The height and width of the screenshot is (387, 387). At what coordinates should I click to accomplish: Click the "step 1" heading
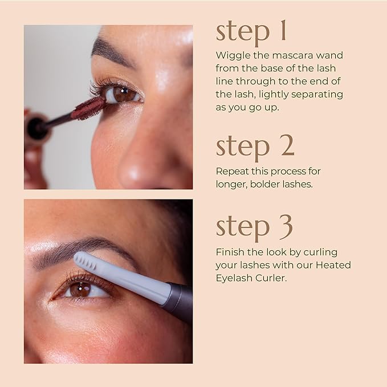[x=251, y=32]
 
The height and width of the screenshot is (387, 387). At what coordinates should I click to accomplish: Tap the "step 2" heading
[x=255, y=146]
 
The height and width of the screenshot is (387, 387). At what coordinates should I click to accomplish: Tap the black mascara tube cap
[x=37, y=127]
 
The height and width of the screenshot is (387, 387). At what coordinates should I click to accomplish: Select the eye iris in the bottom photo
[x=81, y=289]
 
